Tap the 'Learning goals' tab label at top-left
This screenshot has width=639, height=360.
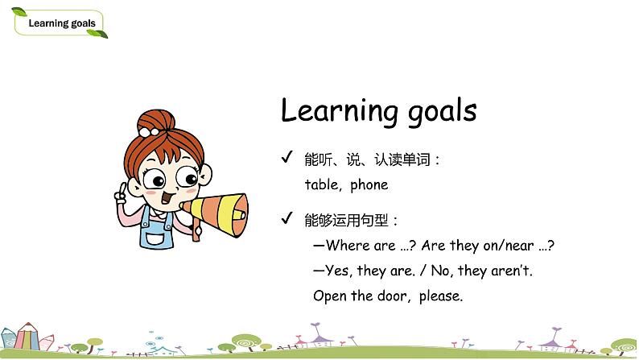(x=62, y=23)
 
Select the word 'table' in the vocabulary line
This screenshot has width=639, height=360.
(x=322, y=184)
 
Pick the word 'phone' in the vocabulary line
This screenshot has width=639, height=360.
(x=369, y=184)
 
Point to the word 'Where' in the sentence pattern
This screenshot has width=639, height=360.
(x=347, y=246)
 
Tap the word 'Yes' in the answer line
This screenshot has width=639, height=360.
(x=340, y=271)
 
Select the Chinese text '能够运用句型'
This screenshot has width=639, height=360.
(x=348, y=219)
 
